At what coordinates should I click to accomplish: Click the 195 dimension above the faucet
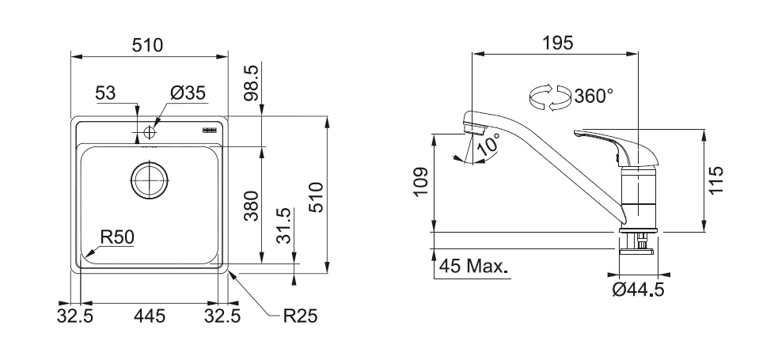point(557,44)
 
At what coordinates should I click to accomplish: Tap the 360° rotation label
point(594,97)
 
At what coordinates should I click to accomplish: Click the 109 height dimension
point(420,183)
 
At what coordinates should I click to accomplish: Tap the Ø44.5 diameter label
point(638,290)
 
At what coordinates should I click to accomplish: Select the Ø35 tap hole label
point(188,93)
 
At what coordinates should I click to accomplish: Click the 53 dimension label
point(105,93)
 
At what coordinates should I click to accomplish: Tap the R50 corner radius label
point(116,235)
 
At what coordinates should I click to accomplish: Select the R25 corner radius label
point(300,316)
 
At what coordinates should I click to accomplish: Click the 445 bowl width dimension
point(150,316)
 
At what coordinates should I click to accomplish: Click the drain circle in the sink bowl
point(148,180)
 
